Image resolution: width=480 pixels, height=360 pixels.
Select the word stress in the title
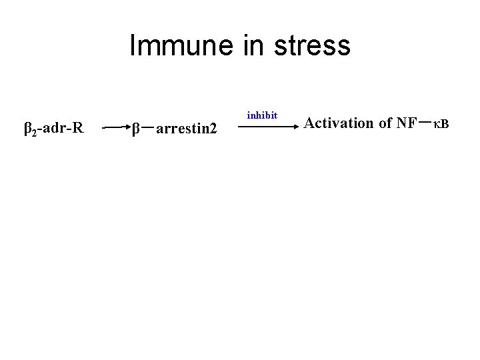(311, 46)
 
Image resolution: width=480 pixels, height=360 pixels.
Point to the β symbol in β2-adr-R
(28, 127)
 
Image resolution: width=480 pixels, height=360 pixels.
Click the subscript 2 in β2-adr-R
(35, 131)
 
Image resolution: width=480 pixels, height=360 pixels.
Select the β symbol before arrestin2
(135, 127)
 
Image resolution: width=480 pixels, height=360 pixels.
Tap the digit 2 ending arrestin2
(213, 127)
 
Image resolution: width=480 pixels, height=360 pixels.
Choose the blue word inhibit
(262, 115)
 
